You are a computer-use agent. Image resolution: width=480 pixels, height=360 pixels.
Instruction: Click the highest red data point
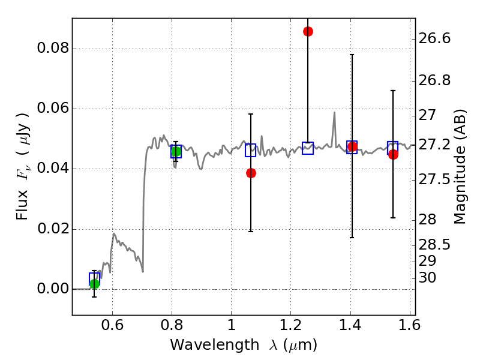coord(308,31)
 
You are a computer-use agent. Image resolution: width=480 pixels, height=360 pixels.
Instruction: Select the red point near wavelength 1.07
coord(251,173)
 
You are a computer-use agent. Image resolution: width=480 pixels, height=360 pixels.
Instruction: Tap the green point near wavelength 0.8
coord(176,152)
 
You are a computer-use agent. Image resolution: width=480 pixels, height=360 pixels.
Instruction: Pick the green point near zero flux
coord(94,284)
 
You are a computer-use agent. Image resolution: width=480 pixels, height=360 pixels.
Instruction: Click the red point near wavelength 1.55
coord(393,154)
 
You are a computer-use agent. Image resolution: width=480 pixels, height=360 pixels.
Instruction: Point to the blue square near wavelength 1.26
coord(308,148)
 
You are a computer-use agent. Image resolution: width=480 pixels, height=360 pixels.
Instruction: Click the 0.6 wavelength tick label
coord(113,325)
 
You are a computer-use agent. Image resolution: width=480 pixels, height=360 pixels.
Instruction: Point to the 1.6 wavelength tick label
coord(409,325)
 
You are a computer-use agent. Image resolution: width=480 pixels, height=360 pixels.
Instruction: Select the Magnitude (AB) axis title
coord(460,167)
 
